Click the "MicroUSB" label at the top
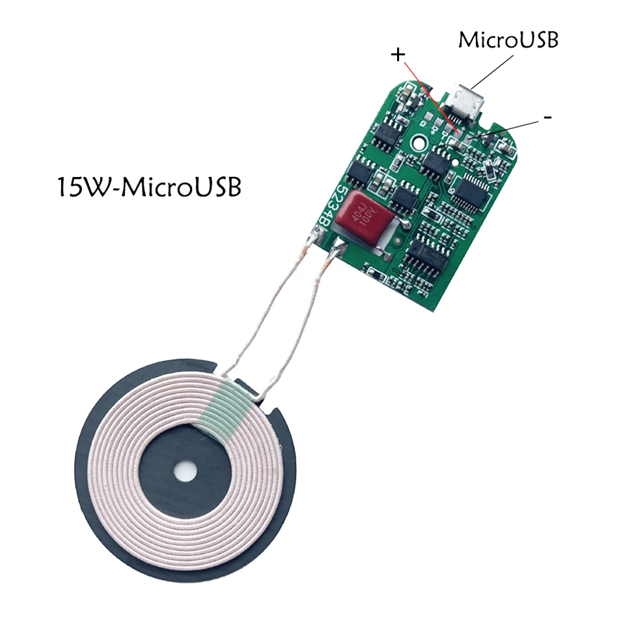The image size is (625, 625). (x=508, y=40)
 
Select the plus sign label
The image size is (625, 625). (x=398, y=55)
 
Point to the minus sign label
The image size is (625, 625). (x=548, y=118)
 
